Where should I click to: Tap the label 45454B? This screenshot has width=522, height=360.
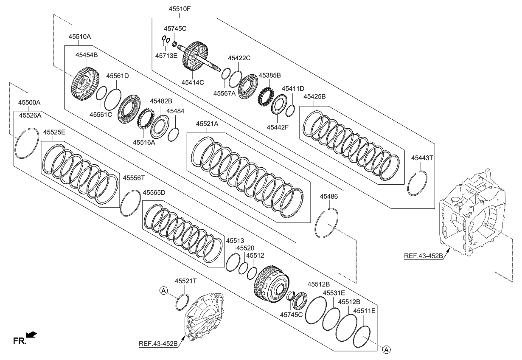[87, 55]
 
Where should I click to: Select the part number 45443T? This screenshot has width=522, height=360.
[422, 158]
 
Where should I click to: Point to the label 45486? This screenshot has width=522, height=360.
[329, 197]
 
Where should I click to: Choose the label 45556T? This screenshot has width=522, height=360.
[134, 178]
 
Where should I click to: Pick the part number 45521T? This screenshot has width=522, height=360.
[186, 281]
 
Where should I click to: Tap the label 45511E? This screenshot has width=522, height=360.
[364, 311]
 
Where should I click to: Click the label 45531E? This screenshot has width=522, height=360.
[334, 293]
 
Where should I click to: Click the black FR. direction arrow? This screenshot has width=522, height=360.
[32, 335]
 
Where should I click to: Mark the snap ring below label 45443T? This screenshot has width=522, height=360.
[416, 183]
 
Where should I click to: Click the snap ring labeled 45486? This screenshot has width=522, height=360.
[327, 224]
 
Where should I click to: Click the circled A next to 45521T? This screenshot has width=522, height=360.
[163, 290]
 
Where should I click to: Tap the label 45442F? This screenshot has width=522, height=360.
[278, 127]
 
